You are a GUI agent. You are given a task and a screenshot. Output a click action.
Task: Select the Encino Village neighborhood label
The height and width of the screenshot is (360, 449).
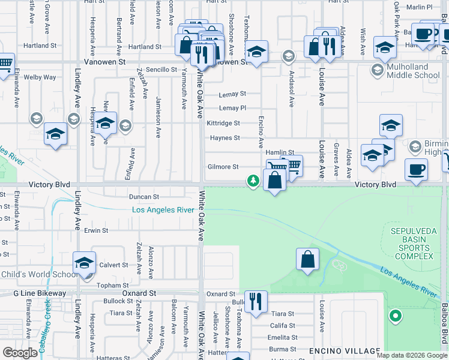(x=345, y=350)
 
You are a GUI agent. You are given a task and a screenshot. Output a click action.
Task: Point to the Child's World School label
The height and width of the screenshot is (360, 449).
(x=39, y=275)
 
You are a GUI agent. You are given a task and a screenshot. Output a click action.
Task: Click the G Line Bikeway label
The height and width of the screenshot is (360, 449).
(x=40, y=293)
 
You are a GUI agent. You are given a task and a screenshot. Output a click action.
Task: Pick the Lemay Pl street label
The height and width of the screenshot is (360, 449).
(x=232, y=108)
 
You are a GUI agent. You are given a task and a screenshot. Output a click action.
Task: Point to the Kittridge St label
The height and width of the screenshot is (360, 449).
(x=223, y=123)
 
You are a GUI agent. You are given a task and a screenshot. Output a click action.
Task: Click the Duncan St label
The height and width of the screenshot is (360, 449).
(x=143, y=196)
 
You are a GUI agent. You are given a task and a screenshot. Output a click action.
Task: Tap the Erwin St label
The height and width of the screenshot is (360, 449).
(x=96, y=230)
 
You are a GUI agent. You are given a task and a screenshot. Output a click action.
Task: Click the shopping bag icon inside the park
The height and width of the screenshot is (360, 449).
(x=307, y=259)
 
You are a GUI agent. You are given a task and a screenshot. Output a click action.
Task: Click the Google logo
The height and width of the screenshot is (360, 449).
(x=20, y=353)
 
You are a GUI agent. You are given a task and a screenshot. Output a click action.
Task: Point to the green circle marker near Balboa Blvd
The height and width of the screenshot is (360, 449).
(x=395, y=315)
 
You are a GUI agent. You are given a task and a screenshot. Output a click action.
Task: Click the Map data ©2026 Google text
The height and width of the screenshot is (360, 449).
(x=412, y=355)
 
